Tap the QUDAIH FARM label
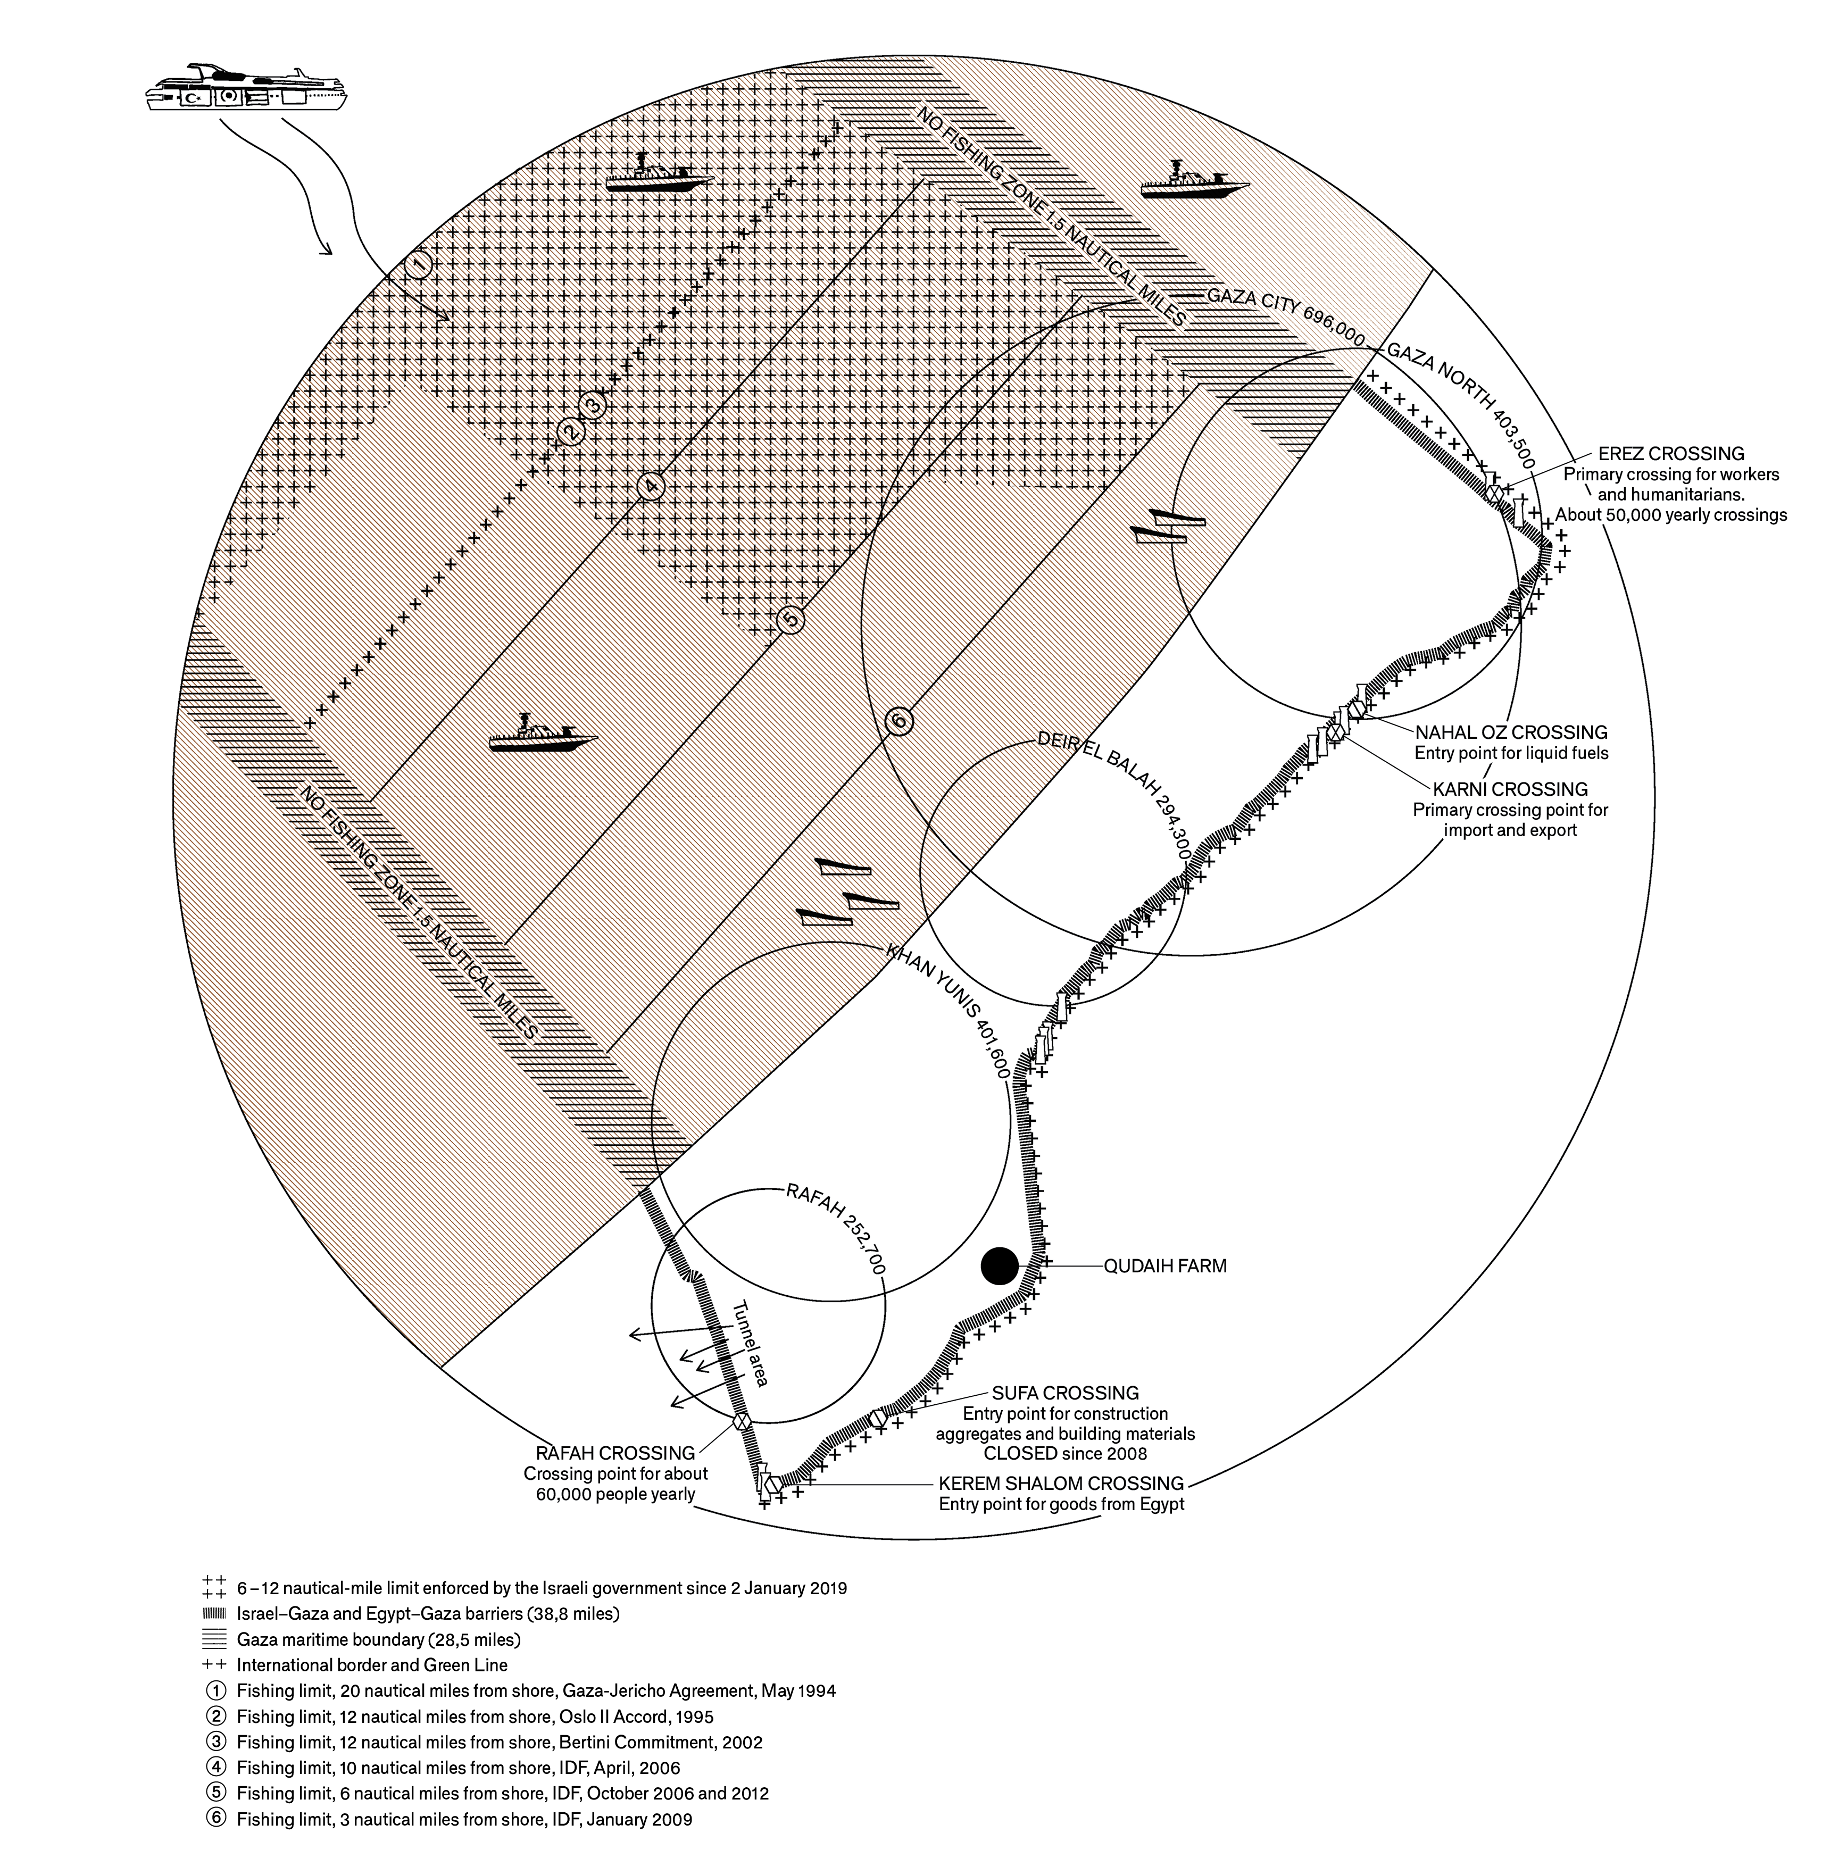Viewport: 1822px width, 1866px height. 1164,1266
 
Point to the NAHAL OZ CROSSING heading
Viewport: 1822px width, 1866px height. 1511,732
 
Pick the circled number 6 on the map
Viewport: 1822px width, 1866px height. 897,721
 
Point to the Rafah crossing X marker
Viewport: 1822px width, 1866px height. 741,1421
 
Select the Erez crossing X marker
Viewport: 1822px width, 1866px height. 1493,492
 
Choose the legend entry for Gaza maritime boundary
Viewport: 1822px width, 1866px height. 378,1640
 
